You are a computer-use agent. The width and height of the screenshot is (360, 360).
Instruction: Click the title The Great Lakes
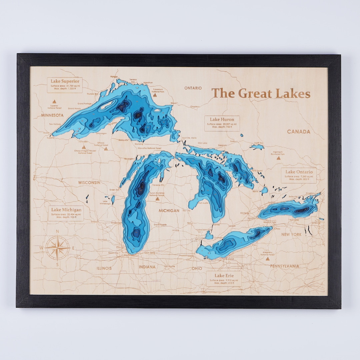[261, 93]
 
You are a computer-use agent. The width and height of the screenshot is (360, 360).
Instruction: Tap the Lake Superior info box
[65, 85]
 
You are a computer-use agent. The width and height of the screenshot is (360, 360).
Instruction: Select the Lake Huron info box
[222, 123]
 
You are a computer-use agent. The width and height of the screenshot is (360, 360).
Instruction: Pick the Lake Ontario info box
[299, 176]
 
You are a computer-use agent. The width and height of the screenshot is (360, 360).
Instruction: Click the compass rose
[57, 248]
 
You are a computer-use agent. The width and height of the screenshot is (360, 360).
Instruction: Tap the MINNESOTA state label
[52, 115]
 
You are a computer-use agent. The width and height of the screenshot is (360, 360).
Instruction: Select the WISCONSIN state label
[89, 183]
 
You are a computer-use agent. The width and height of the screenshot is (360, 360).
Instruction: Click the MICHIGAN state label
[169, 211]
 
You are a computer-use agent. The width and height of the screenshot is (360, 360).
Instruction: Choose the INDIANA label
[147, 267]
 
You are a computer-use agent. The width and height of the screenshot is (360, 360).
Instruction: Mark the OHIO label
[197, 268]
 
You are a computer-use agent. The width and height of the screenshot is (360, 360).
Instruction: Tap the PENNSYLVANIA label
[284, 266]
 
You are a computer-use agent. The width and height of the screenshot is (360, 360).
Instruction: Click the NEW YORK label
[291, 235]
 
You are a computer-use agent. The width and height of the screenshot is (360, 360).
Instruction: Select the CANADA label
[299, 132]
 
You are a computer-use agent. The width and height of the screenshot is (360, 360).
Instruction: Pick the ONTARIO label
[193, 88]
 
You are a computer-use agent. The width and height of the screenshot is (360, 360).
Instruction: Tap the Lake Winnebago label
[105, 202]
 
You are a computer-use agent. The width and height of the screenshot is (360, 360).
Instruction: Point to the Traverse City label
[158, 185]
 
